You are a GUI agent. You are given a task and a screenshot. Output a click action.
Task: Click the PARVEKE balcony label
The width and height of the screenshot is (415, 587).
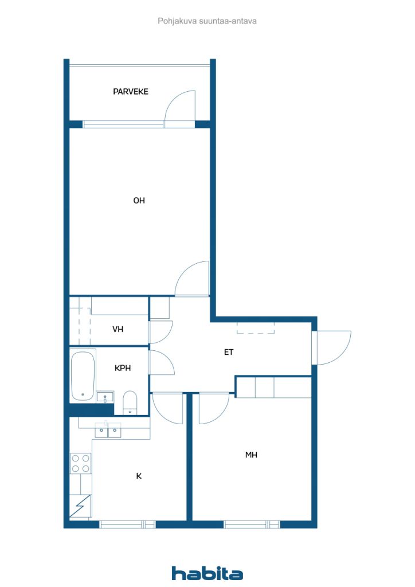point(131,91)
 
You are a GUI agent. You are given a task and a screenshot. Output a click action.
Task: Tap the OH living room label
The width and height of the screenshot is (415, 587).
point(139,200)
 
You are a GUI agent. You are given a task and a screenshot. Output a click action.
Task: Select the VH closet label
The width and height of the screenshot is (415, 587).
point(118,329)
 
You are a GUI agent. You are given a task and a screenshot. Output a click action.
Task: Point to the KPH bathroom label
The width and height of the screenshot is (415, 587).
point(123,368)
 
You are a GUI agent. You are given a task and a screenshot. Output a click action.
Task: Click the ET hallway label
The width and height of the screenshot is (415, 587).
point(229,352)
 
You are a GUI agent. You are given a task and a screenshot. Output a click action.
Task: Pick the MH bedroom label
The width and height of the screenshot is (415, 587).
point(251,455)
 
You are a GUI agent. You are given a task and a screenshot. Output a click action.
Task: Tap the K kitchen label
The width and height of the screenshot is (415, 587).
point(139,476)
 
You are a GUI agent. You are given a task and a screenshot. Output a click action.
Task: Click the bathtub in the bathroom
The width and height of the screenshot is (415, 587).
point(83,376)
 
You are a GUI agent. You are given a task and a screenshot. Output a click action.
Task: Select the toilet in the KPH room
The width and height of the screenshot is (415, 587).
point(130,403)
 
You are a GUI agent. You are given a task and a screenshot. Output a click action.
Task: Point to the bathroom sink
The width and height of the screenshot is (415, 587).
point(105,397)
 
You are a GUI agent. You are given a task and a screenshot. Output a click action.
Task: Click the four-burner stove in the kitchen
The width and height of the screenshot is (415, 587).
point(81,463)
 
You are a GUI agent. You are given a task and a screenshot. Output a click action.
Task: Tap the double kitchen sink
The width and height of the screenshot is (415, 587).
point(108,431)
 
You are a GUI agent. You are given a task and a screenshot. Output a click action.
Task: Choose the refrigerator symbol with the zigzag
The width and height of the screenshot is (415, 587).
point(80,506)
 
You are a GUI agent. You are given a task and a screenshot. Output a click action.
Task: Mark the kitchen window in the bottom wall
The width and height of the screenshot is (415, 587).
point(128,525)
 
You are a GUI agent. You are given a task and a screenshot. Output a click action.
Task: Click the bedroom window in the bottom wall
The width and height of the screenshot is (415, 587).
point(252,525)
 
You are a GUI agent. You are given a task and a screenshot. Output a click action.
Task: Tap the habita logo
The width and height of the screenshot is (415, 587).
point(207,573)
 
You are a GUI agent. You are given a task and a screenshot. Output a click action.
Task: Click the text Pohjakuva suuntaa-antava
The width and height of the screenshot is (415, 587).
point(207,21)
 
